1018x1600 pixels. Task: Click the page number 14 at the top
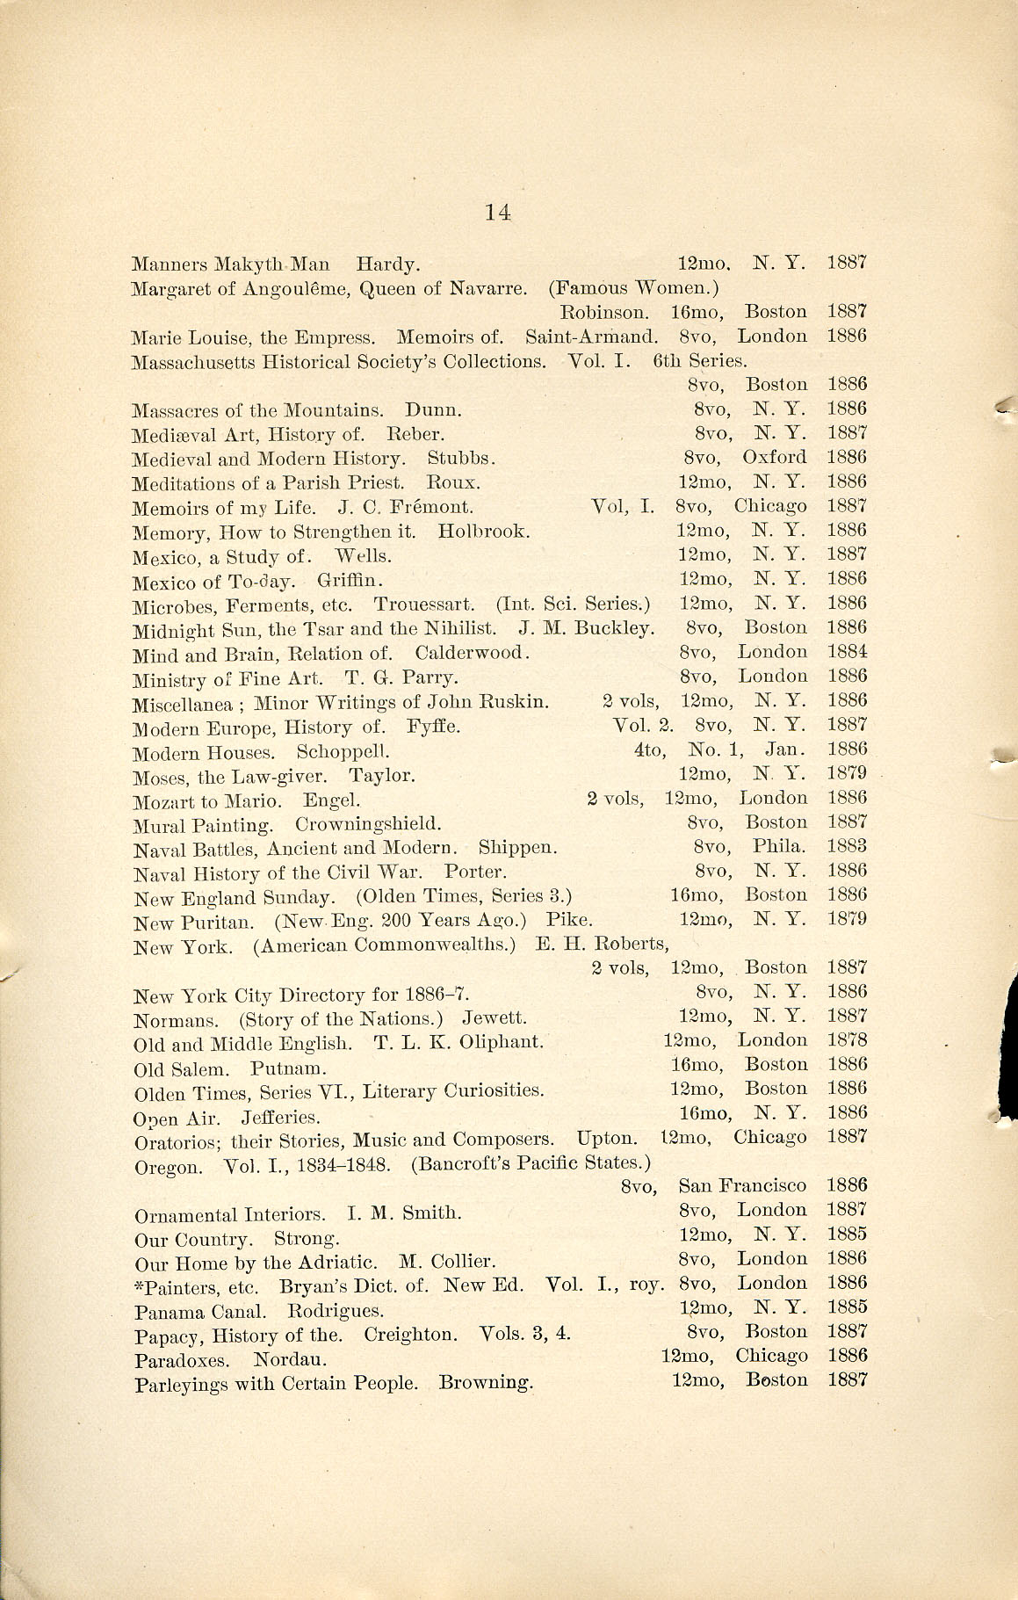[x=497, y=212]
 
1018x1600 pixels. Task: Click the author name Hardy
[x=387, y=263]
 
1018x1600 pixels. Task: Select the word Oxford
[x=774, y=457]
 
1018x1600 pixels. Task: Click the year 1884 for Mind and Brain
[x=847, y=652]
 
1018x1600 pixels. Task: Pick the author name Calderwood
[x=473, y=653]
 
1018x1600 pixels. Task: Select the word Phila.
[x=779, y=847]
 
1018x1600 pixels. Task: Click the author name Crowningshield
[x=368, y=824]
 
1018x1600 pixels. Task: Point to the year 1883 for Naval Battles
[x=847, y=846]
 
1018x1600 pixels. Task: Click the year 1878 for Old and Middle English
[x=847, y=1039]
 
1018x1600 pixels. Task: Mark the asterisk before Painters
[x=139, y=1284]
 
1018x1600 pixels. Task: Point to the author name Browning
[x=486, y=1383]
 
